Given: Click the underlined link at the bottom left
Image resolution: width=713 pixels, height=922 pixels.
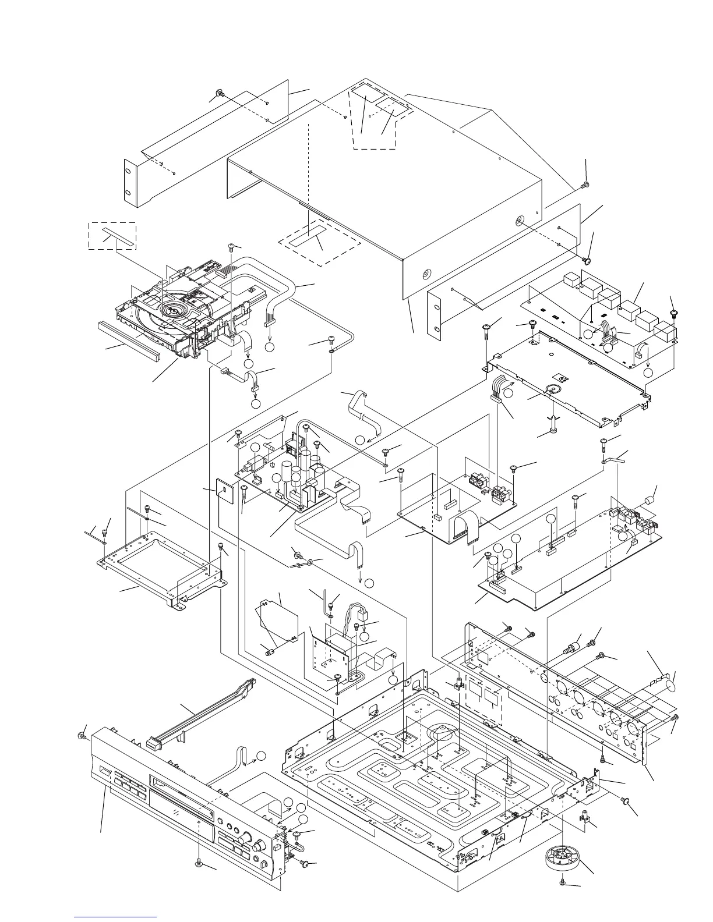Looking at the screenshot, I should [116, 918].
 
